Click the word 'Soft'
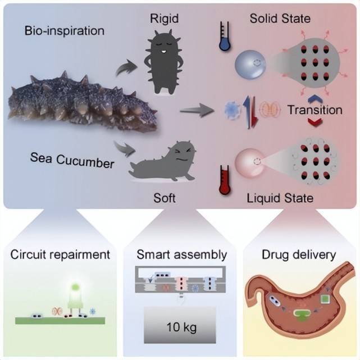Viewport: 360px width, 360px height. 164,198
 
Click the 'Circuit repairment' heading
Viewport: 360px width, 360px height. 60,254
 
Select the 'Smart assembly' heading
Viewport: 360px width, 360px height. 182,254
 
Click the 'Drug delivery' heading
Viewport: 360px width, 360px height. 299,254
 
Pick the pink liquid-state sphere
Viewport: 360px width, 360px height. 253,162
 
